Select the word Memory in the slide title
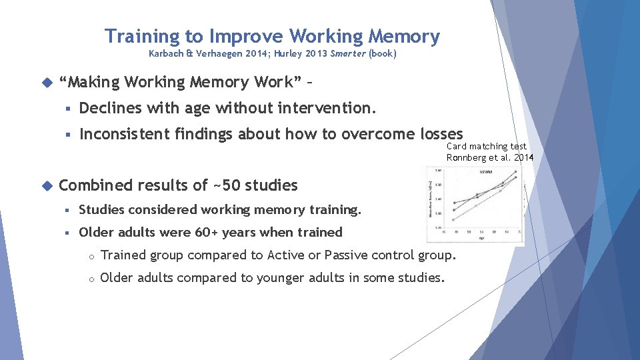point(405,36)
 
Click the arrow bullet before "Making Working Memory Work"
point(46,83)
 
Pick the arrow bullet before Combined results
point(46,185)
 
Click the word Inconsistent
point(125,134)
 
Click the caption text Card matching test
point(486,146)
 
